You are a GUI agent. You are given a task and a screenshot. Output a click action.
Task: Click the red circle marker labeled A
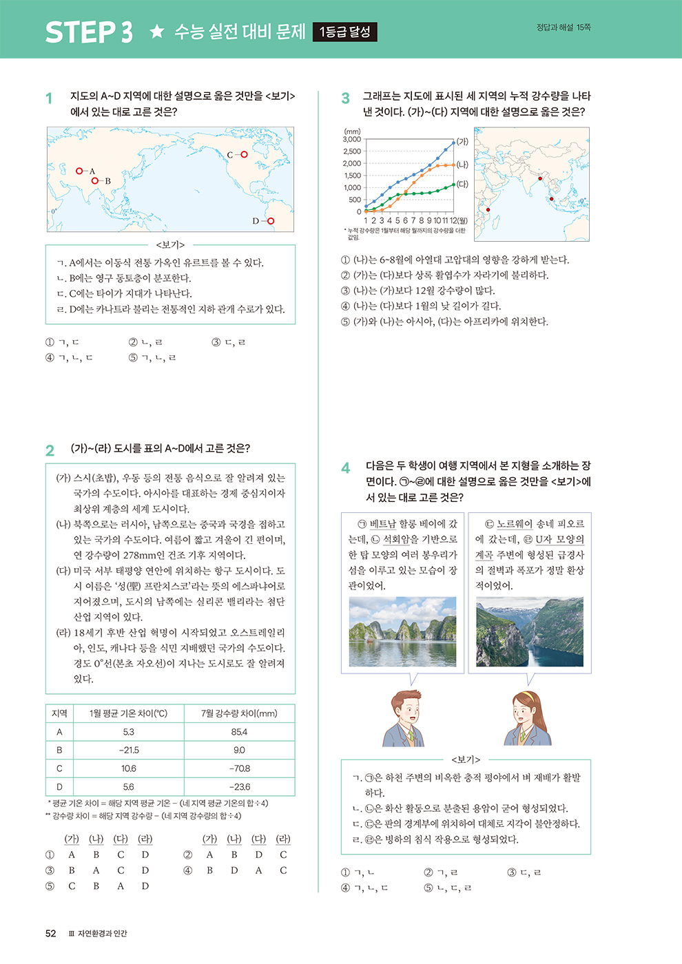[80, 171]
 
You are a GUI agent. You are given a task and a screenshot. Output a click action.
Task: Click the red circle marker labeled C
[243, 155]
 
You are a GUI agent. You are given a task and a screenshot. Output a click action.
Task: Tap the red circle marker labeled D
[270, 221]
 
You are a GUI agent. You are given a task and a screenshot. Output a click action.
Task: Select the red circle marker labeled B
[95, 181]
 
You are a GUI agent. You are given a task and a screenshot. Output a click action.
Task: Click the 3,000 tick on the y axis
[352, 140]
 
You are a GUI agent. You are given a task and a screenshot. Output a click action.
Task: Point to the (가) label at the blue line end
[463, 142]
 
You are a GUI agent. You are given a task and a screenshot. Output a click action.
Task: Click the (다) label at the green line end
[463, 185]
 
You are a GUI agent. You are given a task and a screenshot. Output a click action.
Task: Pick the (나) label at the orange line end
[463, 165]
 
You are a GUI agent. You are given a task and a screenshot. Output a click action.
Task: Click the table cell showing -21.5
[129, 750]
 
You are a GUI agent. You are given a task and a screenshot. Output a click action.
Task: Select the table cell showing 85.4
[239, 732]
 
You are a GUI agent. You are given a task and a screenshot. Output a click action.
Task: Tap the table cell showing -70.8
[239, 768]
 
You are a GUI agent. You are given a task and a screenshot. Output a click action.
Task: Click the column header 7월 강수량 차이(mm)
[239, 713]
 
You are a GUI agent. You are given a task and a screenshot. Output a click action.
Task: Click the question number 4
[346, 468]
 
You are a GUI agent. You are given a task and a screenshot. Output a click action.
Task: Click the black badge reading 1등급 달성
[344, 32]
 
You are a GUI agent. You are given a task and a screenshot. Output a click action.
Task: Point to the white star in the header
[157, 32]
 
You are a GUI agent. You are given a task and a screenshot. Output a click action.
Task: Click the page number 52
[51, 934]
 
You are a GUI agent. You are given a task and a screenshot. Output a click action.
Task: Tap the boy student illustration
[404, 717]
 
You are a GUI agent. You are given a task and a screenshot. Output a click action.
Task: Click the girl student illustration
[528, 717]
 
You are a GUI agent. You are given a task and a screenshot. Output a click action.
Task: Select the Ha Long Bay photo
[402, 631]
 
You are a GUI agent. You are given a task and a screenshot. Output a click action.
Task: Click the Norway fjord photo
[530, 631]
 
